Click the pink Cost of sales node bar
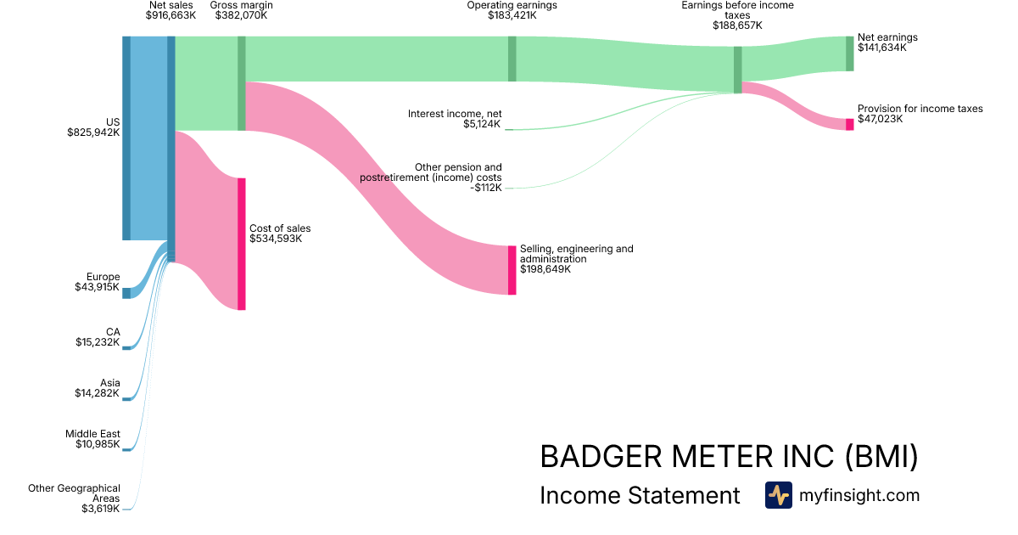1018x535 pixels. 242,244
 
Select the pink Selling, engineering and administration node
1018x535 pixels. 512,270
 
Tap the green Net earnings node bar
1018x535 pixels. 849,53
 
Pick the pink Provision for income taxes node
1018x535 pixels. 849,124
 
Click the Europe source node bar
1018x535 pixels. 126,293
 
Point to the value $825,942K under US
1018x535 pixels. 93,132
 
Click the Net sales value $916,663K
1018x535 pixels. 171,15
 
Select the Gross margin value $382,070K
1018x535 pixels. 241,15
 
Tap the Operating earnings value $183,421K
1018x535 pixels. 512,15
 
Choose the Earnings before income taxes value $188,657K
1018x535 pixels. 737,25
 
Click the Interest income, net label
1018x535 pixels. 454,113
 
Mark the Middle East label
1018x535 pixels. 92,434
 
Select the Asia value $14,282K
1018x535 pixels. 98,393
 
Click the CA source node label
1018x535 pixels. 113,331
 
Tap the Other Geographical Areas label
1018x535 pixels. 74,493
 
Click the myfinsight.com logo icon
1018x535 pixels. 778,495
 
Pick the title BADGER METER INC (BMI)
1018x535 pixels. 729,457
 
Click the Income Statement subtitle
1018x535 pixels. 640,496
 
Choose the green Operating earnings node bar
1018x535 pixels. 512,59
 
